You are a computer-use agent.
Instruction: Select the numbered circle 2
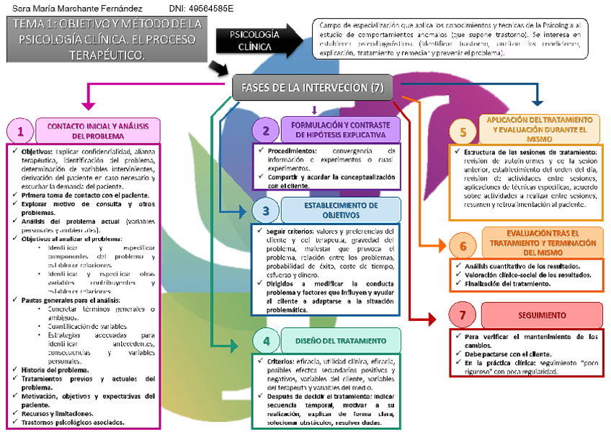click(x=266, y=131)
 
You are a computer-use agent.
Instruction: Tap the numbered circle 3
click(x=266, y=211)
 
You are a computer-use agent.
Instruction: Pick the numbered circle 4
click(x=266, y=341)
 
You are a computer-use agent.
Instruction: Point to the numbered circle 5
click(x=463, y=132)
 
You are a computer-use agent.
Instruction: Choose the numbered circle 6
click(x=463, y=245)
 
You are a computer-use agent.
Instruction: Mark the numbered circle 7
click(x=463, y=315)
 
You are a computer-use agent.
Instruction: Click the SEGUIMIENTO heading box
click(x=541, y=315)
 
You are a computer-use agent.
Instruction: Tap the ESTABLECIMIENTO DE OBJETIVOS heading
click(x=341, y=210)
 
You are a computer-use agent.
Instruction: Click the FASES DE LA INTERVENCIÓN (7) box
click(x=313, y=87)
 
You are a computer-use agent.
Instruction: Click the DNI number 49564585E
click(x=202, y=8)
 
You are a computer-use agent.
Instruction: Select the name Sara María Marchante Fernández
click(x=72, y=8)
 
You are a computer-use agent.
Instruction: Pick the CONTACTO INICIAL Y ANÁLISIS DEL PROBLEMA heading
click(x=98, y=131)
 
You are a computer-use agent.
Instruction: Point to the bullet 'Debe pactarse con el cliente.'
click(x=508, y=354)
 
